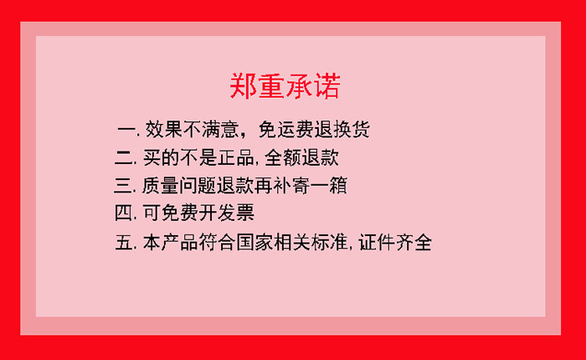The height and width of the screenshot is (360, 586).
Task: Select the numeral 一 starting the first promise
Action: click(126, 131)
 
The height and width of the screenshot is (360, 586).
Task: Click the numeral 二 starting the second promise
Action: click(124, 157)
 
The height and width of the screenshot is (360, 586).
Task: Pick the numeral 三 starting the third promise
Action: click(124, 184)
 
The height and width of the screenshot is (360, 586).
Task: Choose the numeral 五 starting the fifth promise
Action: click(125, 244)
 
